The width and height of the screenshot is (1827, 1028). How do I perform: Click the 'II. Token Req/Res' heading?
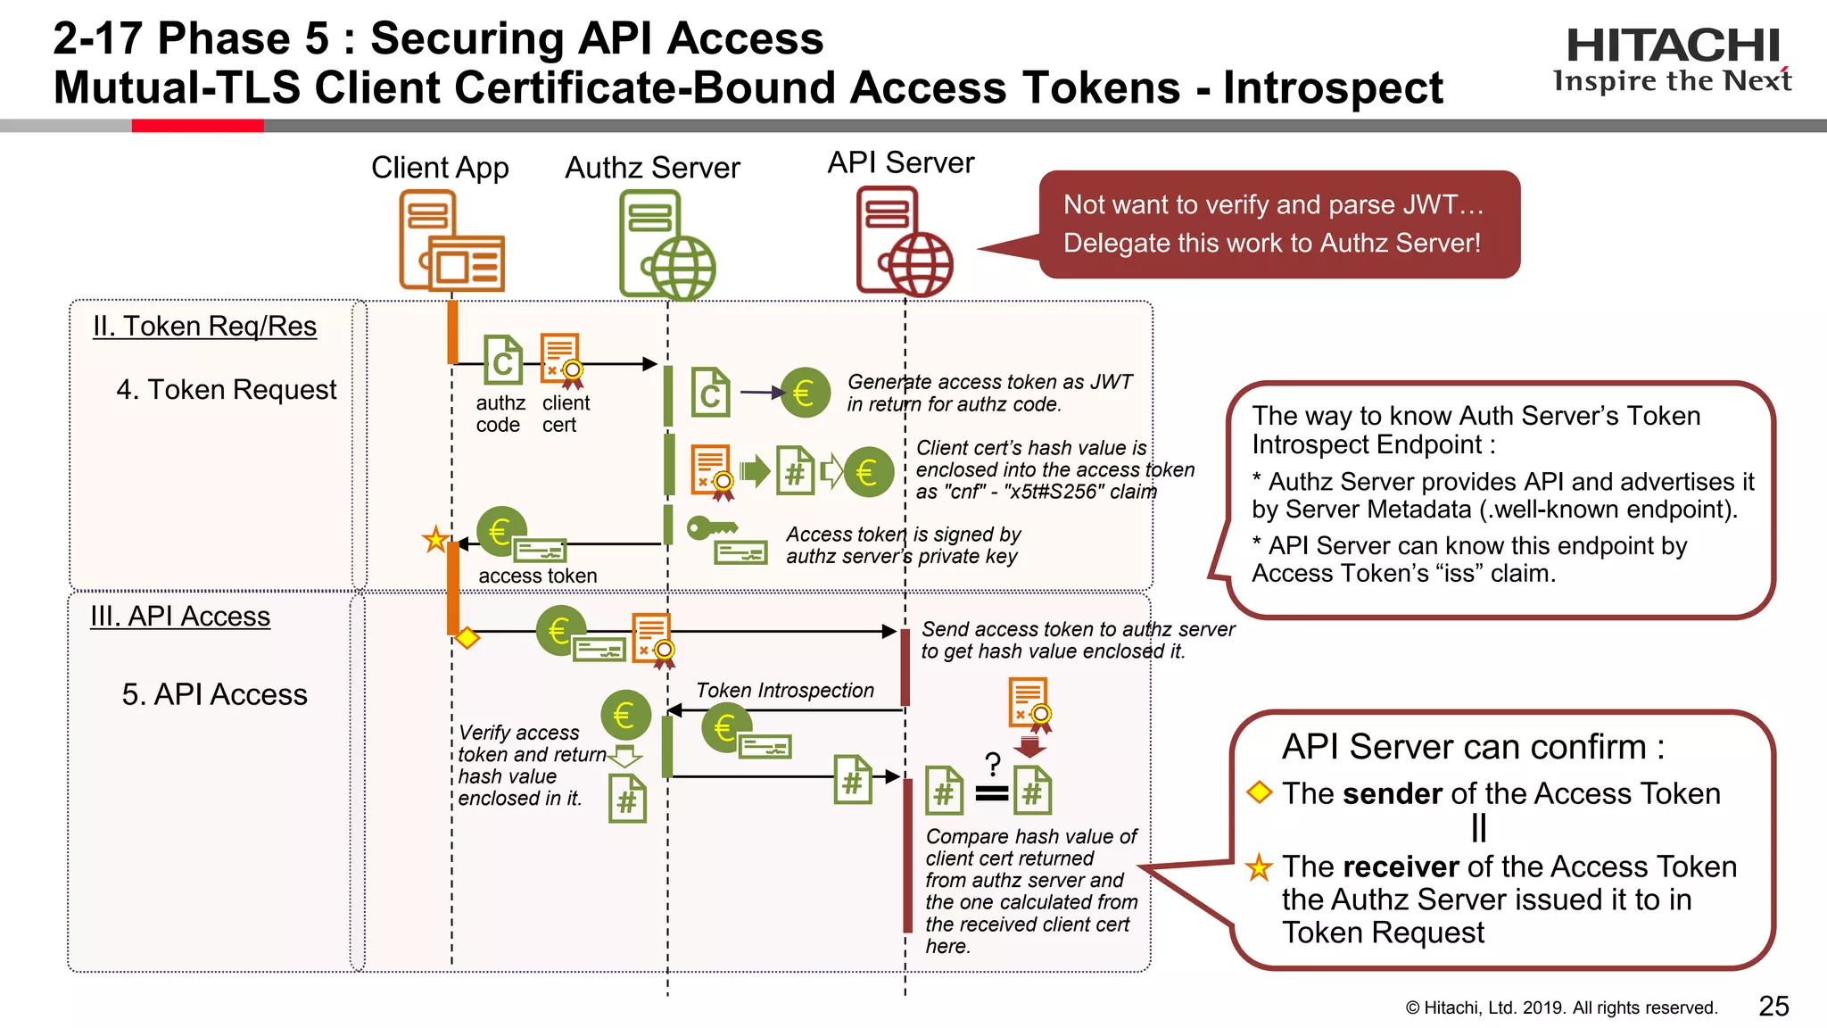(204, 327)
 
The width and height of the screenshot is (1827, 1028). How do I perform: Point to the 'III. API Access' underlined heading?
(180, 617)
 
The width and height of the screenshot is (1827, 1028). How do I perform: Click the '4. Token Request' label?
(227, 390)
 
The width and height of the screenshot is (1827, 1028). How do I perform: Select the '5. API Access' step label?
(214, 694)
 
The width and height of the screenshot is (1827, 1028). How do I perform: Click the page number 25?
(1773, 1006)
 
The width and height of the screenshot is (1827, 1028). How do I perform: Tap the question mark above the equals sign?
(992, 764)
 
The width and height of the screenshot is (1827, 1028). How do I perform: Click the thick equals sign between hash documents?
(991, 793)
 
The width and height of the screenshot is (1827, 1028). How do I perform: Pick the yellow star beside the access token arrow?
(435, 539)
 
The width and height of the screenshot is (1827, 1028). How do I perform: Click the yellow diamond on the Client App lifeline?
(467, 638)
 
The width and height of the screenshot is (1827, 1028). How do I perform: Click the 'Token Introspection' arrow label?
(784, 691)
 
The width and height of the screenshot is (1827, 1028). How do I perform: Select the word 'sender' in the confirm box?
(1392, 793)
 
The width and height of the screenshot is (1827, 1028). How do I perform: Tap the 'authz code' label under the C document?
(500, 414)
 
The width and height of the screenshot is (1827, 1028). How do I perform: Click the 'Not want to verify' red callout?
(1278, 224)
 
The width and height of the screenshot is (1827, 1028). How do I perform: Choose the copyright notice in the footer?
(1560, 1007)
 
